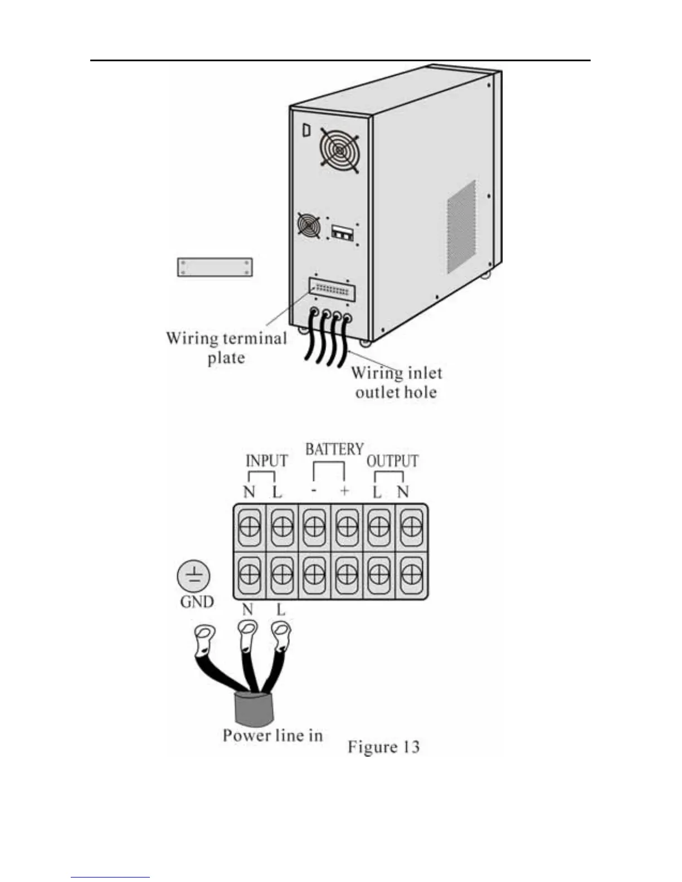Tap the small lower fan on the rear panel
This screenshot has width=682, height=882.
click(x=309, y=225)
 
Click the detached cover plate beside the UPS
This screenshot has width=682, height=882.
click(x=215, y=267)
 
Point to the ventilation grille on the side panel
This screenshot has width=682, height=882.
click(x=461, y=227)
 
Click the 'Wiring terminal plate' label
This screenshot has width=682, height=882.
click(x=226, y=347)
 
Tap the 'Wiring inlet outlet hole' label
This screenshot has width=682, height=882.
click(x=396, y=382)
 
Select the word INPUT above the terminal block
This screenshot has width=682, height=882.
click(x=266, y=460)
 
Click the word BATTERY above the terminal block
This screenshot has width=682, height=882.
click(x=334, y=449)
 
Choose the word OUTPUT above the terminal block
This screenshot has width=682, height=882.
click(x=392, y=460)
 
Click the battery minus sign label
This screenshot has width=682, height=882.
click(x=314, y=491)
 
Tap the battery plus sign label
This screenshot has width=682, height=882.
click(x=344, y=491)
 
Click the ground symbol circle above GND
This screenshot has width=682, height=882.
click(x=194, y=576)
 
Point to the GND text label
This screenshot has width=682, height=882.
click(x=197, y=602)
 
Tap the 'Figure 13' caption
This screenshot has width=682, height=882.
click(x=383, y=747)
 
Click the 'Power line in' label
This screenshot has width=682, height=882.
click(x=272, y=736)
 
